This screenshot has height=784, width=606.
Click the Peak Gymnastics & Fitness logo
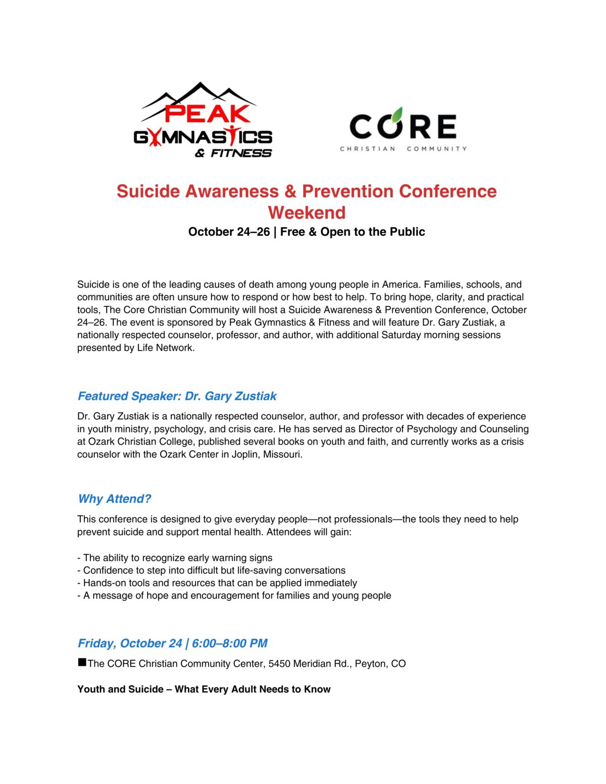pos(203,121)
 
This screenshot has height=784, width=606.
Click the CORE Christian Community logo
pos(403,129)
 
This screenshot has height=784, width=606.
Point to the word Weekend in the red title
pos(307,213)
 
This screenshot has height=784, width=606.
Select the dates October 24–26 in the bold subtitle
pos(229,232)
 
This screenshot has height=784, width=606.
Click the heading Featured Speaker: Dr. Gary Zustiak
pos(177,396)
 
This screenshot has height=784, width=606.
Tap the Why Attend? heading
pos(114,499)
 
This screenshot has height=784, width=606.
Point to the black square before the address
pos(82,662)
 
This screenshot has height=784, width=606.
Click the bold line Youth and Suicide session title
pos(204,690)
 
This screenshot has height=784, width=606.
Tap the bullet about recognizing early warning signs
pos(175,558)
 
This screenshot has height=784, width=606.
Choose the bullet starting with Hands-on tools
pos(217,583)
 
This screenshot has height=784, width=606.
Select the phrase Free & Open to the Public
pos(352,232)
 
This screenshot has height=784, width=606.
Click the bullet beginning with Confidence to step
pos(212,570)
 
